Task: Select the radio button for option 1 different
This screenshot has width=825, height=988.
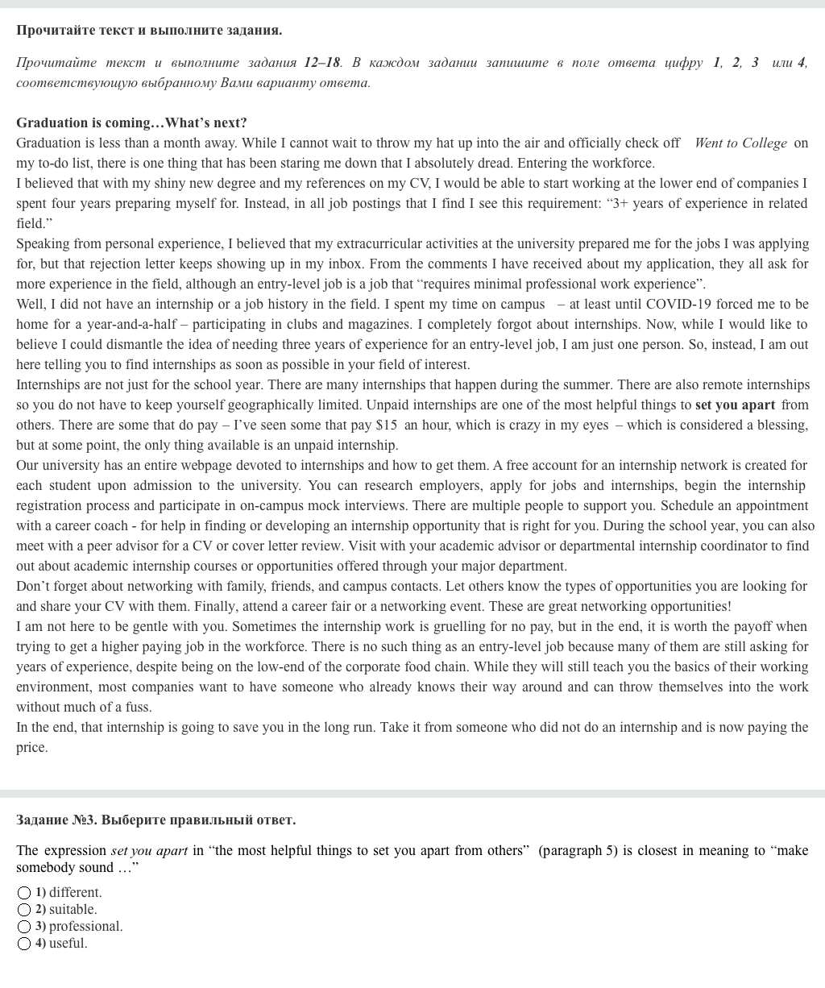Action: [24, 893]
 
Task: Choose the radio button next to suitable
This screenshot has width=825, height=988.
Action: [24, 910]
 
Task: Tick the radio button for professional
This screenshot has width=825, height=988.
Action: [24, 927]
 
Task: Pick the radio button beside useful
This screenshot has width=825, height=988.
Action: [24, 944]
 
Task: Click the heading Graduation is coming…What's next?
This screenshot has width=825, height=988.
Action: [131, 122]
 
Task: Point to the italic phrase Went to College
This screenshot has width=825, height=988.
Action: [740, 143]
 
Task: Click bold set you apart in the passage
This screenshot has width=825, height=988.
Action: [735, 405]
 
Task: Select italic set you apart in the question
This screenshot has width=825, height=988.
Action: [149, 850]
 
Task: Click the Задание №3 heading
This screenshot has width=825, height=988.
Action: [155, 820]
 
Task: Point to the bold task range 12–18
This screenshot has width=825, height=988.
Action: [322, 62]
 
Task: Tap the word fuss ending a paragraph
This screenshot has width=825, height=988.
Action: [137, 707]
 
